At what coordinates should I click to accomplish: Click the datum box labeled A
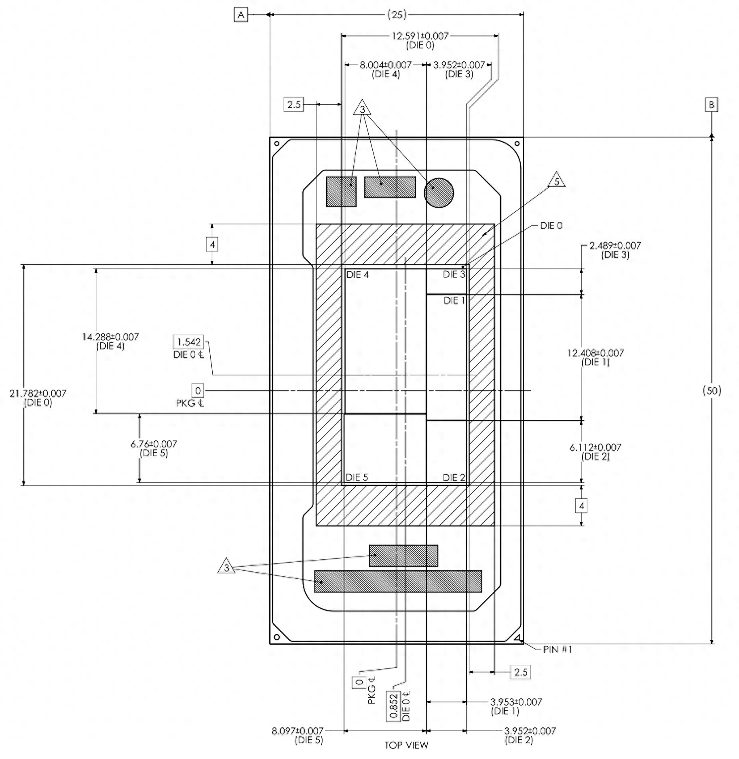pyautogui.click(x=241, y=15)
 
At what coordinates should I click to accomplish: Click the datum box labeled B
pyautogui.click(x=711, y=105)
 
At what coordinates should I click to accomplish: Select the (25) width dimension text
pyautogui.click(x=397, y=15)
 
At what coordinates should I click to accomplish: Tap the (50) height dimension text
pyautogui.click(x=712, y=390)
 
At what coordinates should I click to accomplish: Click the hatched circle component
pyautogui.click(x=439, y=193)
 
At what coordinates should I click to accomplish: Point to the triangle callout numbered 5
pyautogui.click(x=557, y=181)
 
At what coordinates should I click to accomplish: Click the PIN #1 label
pyautogui.click(x=557, y=649)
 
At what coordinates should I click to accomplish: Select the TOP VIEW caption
pyautogui.click(x=406, y=745)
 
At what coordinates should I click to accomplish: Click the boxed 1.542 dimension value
pyautogui.click(x=189, y=342)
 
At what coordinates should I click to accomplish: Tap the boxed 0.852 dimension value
pyautogui.click(x=393, y=706)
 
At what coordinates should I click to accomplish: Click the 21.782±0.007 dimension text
pyautogui.click(x=38, y=393)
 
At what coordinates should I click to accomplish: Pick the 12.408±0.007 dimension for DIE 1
pyautogui.click(x=595, y=353)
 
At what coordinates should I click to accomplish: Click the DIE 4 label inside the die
pyautogui.click(x=357, y=275)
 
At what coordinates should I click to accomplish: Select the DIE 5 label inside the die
pyautogui.click(x=357, y=477)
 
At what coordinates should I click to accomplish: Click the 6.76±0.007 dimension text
pyautogui.click(x=154, y=444)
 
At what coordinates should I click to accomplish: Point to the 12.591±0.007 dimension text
pyautogui.click(x=420, y=36)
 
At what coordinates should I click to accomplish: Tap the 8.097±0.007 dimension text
pyautogui.click(x=298, y=731)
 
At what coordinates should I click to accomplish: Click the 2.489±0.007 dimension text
pyautogui.click(x=615, y=246)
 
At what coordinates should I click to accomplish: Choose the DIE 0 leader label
pyautogui.click(x=551, y=226)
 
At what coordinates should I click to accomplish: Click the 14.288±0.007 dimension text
pyautogui.click(x=110, y=337)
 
